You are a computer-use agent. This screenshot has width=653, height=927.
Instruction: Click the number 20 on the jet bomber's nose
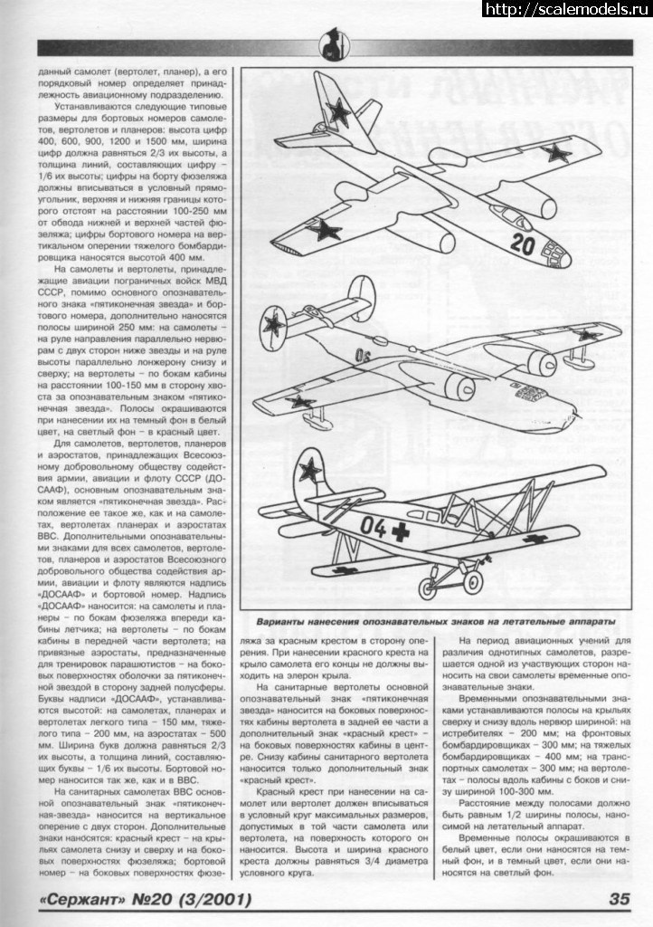[524, 243]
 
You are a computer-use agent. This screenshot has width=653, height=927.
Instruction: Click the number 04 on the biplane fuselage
[374, 526]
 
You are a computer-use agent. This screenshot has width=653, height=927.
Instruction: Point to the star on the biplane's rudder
[311, 468]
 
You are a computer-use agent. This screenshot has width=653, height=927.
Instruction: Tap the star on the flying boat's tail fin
[273, 323]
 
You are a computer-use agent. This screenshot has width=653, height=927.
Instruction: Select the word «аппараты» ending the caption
[587, 622]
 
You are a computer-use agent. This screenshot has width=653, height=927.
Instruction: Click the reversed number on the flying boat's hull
[364, 354]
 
